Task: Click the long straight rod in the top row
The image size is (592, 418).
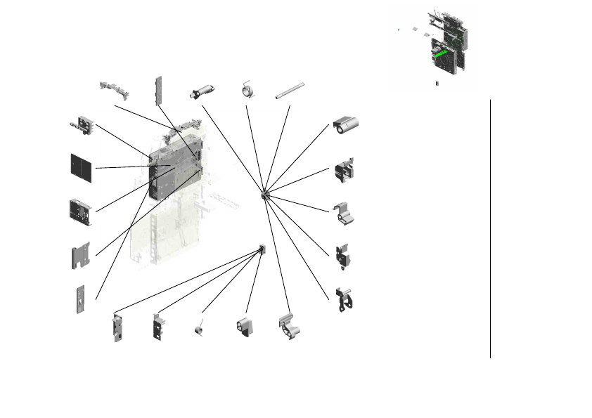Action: tap(288, 91)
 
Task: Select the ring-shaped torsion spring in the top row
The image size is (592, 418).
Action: tap(248, 90)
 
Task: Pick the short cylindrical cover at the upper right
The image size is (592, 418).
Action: tap(349, 126)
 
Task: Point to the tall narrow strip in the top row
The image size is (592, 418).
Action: tap(159, 91)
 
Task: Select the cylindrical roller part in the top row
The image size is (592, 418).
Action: tap(203, 92)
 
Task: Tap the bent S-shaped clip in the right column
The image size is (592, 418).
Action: tap(343, 214)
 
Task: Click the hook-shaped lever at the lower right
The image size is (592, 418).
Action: tap(345, 299)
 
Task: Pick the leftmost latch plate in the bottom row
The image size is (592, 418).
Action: tap(117, 328)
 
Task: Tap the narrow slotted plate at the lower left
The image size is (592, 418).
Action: tap(82, 299)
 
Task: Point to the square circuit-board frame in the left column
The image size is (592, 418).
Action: tap(80, 211)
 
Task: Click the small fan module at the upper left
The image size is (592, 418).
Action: tap(83, 123)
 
